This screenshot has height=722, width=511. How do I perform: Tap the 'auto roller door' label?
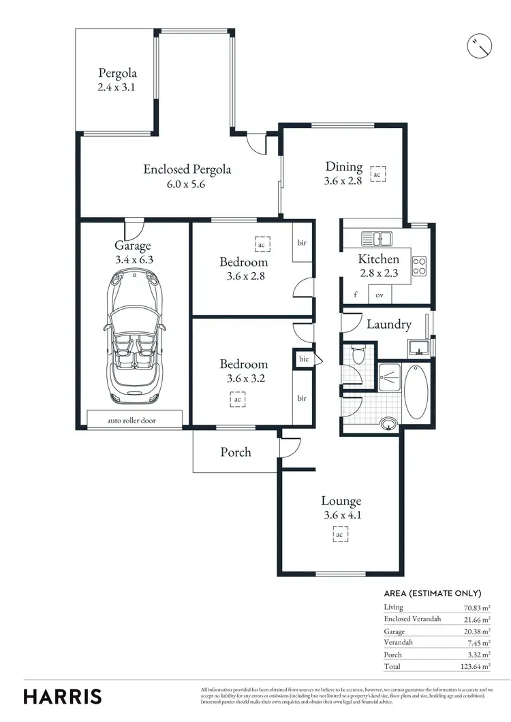click(x=131, y=421)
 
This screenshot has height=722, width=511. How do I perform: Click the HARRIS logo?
click(x=63, y=696)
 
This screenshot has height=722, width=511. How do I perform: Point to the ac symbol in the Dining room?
click(x=376, y=174)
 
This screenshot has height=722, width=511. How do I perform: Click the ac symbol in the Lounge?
click(x=339, y=535)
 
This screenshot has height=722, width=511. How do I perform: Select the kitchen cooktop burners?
click(x=419, y=265)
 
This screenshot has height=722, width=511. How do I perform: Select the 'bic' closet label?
click(x=304, y=359)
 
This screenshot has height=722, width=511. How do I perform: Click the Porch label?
click(x=236, y=452)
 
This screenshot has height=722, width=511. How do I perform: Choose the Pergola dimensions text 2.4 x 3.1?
click(x=117, y=87)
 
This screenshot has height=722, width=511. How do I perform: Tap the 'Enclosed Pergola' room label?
click(x=187, y=169)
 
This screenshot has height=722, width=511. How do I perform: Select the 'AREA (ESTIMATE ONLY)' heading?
click(x=433, y=593)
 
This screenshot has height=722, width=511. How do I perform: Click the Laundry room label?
click(x=388, y=325)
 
